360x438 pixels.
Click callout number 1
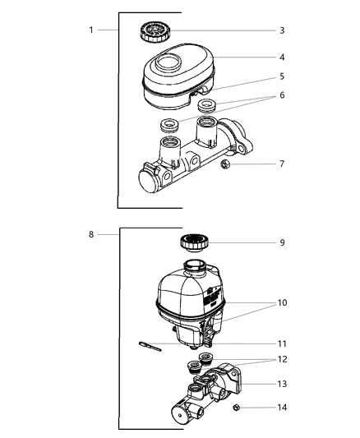(91, 30)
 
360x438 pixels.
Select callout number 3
(281, 30)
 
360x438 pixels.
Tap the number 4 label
(281, 58)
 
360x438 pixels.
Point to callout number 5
(281, 76)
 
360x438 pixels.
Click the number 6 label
(281, 95)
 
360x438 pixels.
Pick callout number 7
(281, 164)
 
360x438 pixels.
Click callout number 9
(281, 242)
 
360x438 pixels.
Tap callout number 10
(281, 302)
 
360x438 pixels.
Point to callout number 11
(281, 343)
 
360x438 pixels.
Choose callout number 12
(281, 361)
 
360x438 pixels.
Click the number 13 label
(281, 383)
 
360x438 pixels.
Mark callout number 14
(281, 408)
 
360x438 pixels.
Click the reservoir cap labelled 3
(154, 33)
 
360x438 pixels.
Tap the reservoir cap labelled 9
(194, 242)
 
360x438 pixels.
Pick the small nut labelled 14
(236, 408)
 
